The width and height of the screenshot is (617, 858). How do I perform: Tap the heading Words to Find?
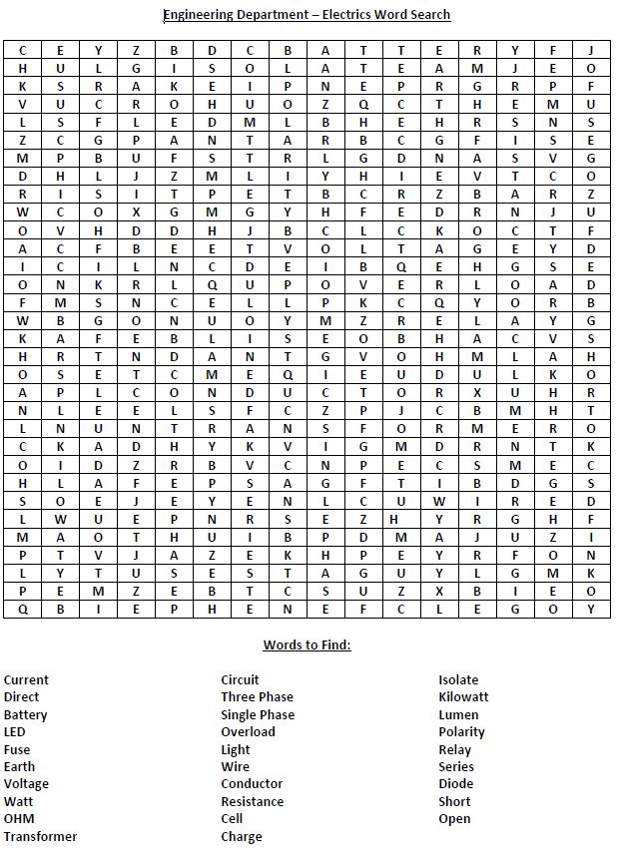point(307,644)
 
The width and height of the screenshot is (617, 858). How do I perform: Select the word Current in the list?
point(26,680)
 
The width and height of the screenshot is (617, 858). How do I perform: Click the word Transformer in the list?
point(40,836)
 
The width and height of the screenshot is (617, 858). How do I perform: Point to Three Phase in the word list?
point(257,697)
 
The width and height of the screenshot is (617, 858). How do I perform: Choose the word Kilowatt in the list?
point(463,697)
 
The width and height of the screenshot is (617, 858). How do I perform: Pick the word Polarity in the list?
point(461,732)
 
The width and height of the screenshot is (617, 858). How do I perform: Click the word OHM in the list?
point(19,819)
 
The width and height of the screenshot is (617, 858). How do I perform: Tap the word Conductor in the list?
point(252,784)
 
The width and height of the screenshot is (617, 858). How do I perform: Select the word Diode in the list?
point(456,784)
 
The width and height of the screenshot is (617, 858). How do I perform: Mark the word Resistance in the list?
point(252,801)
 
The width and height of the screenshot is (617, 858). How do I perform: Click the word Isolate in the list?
point(458,680)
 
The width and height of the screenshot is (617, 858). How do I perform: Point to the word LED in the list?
point(15,732)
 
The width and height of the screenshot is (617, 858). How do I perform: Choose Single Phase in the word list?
point(258,714)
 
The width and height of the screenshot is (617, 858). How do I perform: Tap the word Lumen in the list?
point(458,714)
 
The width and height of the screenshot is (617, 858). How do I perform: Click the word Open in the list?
point(454,819)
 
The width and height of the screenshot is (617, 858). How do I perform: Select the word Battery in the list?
point(25,714)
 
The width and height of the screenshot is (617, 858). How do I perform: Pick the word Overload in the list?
point(248,732)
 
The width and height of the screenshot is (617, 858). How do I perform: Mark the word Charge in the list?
point(242,836)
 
